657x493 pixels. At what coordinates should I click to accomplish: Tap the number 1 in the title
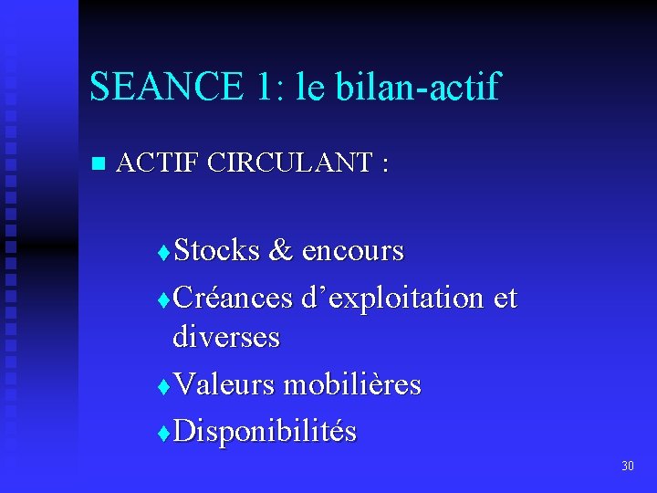(265, 87)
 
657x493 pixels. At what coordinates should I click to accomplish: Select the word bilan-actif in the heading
(419, 87)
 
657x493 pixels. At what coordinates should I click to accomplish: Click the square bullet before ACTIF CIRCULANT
(99, 164)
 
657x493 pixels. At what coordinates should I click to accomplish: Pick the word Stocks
(217, 249)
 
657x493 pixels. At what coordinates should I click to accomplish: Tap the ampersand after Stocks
(281, 249)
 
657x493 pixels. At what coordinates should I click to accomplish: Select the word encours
(352, 249)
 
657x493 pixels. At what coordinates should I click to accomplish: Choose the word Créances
(233, 298)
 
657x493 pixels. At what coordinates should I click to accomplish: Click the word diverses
(226, 338)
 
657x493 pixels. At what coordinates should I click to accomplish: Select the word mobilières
(352, 384)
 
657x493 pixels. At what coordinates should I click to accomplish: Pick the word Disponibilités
(265, 431)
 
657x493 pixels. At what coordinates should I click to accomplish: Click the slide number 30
(627, 467)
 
